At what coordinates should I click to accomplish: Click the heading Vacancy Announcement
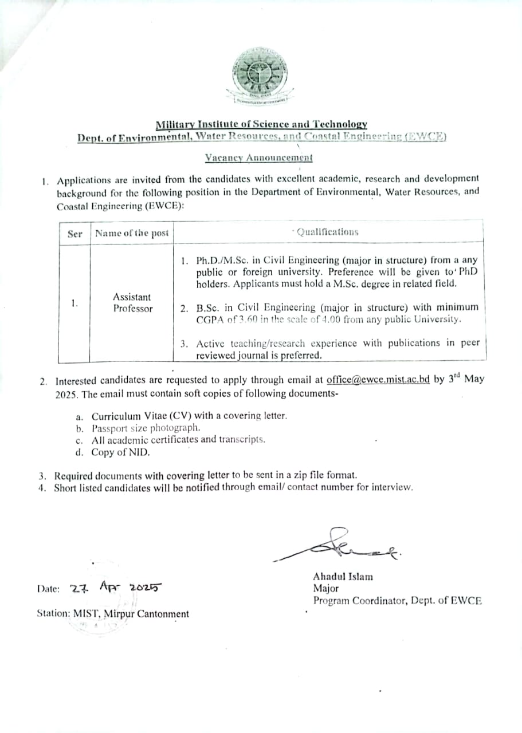[260, 157]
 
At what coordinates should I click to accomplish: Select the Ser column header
[74, 233]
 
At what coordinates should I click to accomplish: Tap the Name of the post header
[132, 233]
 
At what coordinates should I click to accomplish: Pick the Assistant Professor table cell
[132, 302]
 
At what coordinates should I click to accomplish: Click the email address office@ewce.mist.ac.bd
[378, 379]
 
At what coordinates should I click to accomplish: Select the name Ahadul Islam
[343, 576]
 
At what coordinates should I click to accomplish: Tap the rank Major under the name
[325, 588]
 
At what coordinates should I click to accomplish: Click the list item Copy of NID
[120, 452]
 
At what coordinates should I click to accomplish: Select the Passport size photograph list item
[146, 428]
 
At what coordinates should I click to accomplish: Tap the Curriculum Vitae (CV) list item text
[189, 416]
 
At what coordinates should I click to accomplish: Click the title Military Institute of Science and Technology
[261, 124]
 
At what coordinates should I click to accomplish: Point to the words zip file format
[323, 475]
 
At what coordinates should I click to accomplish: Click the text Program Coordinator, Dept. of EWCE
[397, 601]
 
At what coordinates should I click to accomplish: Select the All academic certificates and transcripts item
[178, 440]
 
